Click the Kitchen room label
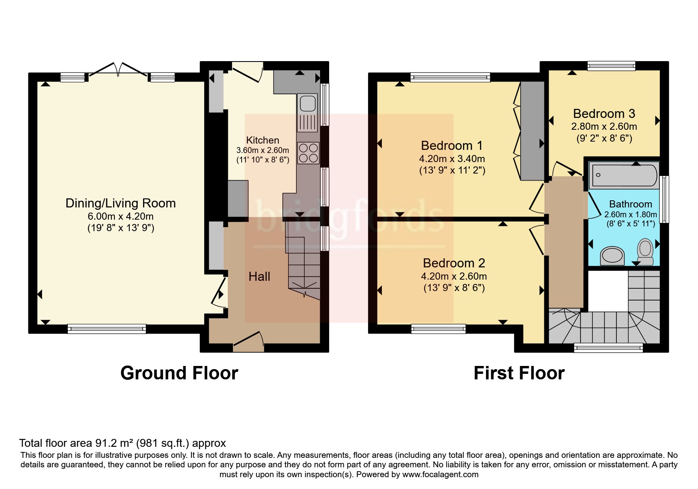pyautogui.click(x=262, y=140)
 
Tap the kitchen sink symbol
pyautogui.click(x=308, y=112)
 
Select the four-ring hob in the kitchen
pyautogui.click(x=308, y=153)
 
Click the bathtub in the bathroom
pyautogui.click(x=623, y=175)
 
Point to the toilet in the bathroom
pyautogui.click(x=645, y=252)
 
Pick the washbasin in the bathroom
pyautogui.click(x=612, y=256)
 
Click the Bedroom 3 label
pyautogui.click(x=604, y=114)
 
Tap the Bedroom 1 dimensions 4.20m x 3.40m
pyautogui.click(x=452, y=159)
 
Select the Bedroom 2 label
pyautogui.click(x=454, y=263)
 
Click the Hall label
pyautogui.click(x=259, y=276)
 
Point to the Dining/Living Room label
pyautogui.click(x=121, y=203)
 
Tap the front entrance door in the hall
pyautogui.click(x=248, y=342)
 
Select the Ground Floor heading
pyautogui.click(x=179, y=373)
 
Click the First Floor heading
pyautogui.click(x=519, y=373)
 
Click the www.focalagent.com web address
pyautogui.click(x=440, y=474)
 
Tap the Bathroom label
pyautogui.click(x=631, y=204)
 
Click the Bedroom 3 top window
pyautogui.click(x=611, y=66)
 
